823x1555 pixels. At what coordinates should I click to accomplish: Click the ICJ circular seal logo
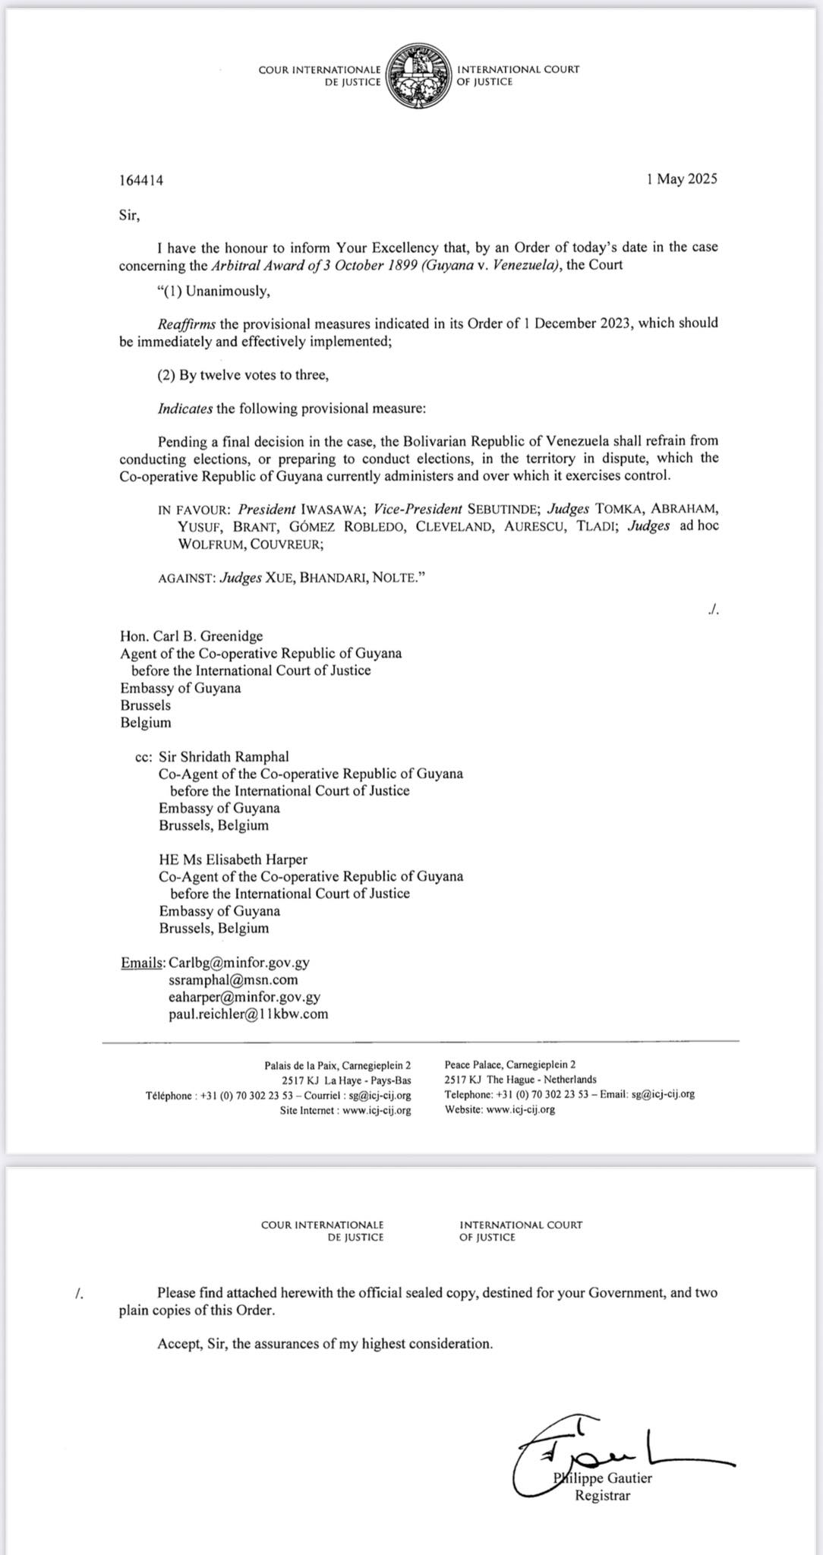(x=418, y=76)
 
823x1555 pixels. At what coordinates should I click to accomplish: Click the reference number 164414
(x=141, y=181)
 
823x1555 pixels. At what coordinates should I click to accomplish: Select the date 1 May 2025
(x=681, y=179)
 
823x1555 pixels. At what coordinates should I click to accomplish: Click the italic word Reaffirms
(x=187, y=323)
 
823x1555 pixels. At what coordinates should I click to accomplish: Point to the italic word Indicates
(x=185, y=409)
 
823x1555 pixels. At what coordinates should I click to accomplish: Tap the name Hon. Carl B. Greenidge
(x=191, y=636)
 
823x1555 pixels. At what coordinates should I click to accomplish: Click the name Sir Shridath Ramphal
(x=223, y=757)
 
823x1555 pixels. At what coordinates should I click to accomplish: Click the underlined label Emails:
(x=143, y=963)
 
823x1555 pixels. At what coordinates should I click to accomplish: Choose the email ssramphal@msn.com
(x=233, y=980)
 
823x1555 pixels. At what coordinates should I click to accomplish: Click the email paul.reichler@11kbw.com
(x=248, y=1014)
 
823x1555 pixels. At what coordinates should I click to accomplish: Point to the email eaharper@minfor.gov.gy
(x=244, y=997)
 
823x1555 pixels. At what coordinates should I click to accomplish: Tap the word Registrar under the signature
(x=602, y=1496)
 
